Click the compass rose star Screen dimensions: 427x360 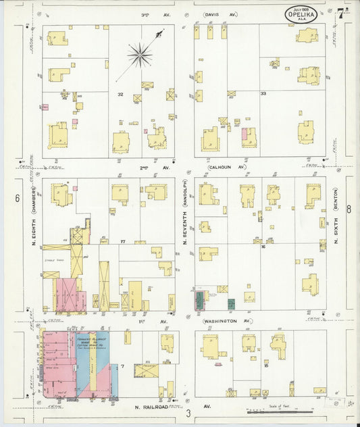coord(140,55)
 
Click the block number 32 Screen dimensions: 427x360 coord(120,94)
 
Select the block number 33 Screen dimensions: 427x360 coord(263,93)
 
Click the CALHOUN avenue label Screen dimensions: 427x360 coord(226,167)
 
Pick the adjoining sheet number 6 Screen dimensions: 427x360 coord(16,197)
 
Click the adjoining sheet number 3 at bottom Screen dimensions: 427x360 coord(190,413)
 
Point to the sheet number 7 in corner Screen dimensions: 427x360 coord(342,12)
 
